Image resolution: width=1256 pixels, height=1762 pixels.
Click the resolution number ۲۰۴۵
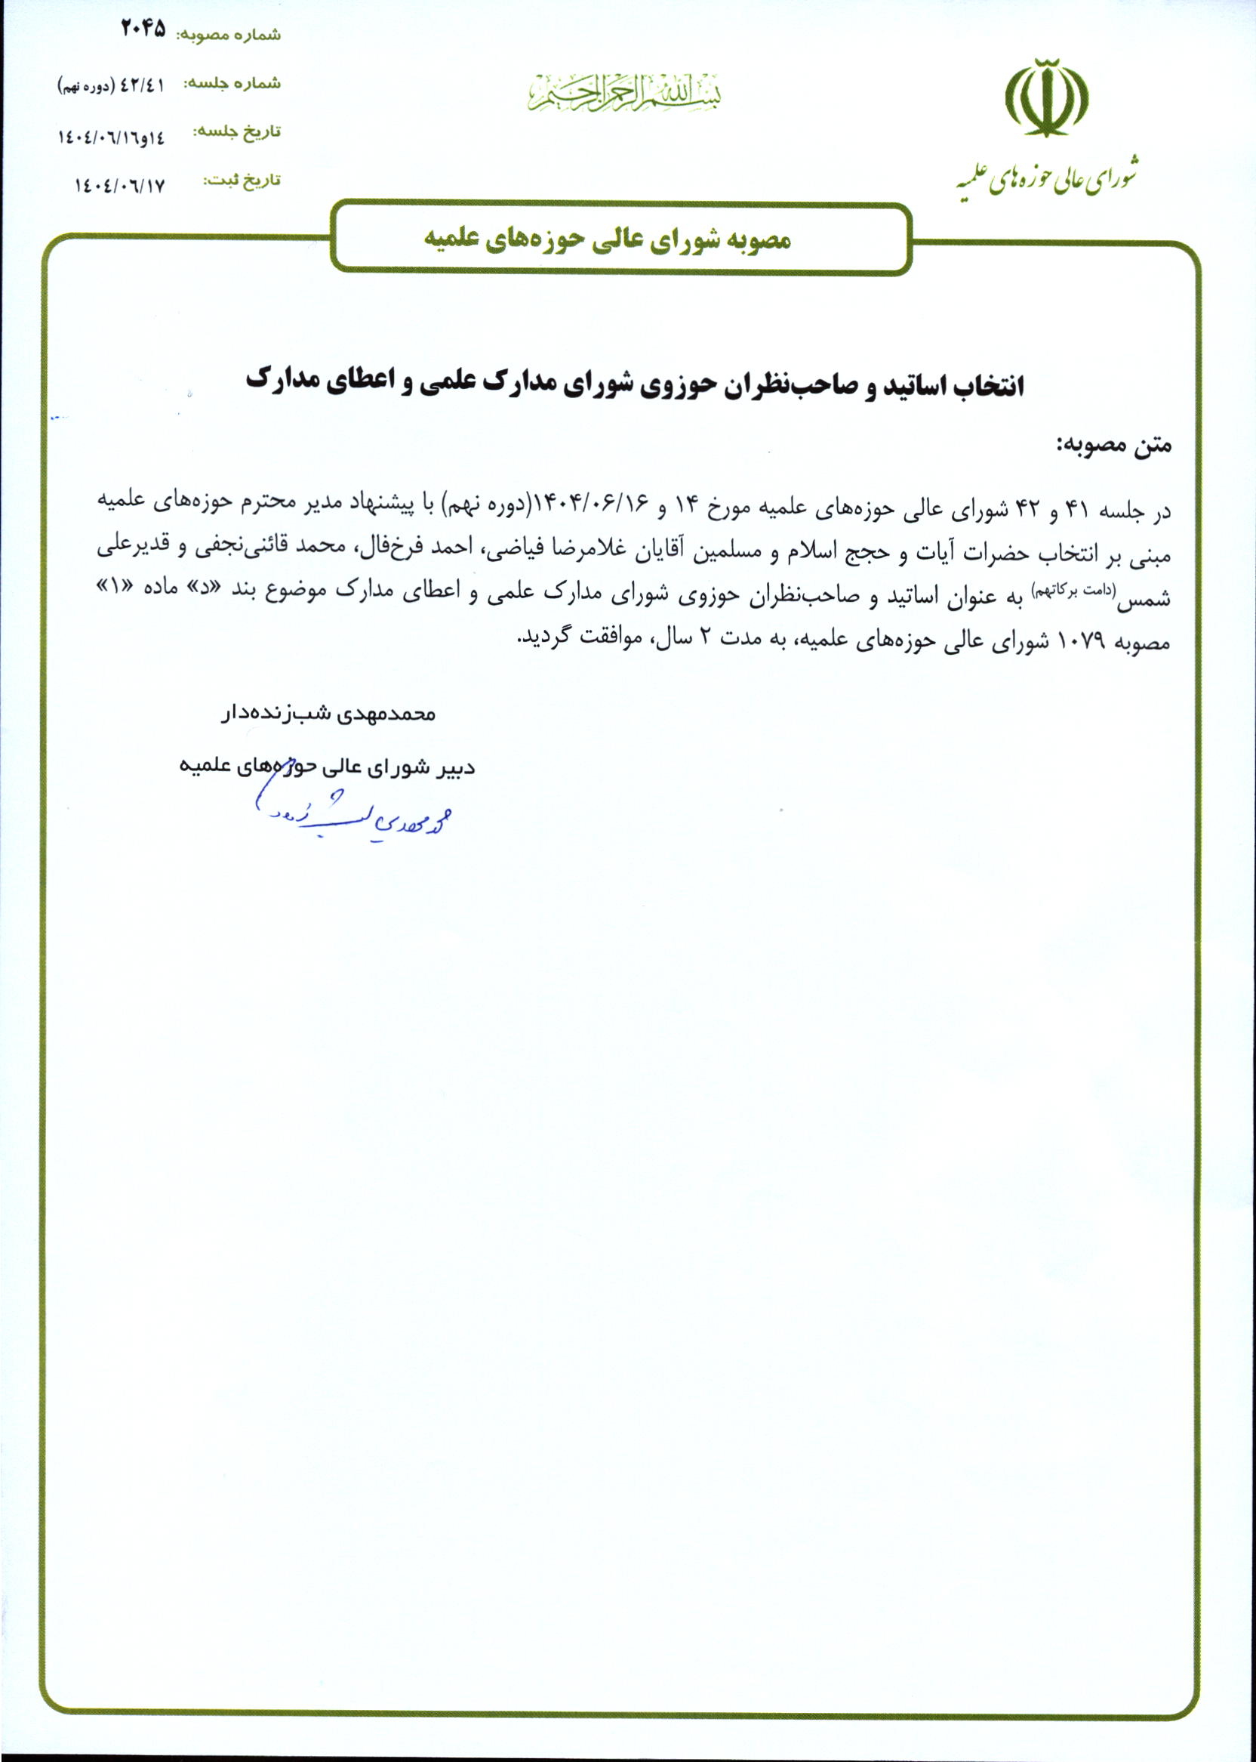[144, 29]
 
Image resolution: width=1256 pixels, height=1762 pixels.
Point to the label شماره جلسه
[231, 85]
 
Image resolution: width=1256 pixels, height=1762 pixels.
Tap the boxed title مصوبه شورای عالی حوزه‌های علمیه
[607, 239]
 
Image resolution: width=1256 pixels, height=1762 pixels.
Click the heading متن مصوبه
[1113, 445]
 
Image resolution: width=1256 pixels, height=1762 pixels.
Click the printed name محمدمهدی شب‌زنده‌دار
[328, 714]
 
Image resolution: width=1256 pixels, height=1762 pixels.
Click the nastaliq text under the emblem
[1045, 178]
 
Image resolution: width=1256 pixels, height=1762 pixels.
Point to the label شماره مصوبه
[229, 34]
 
